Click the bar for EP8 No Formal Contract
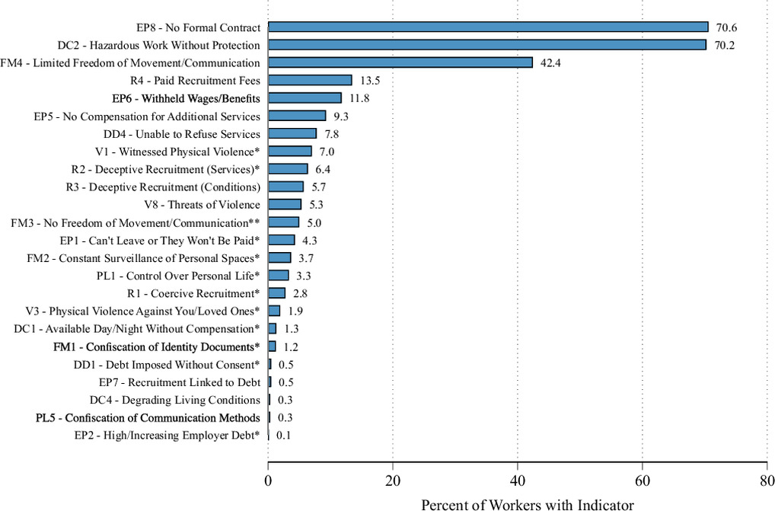tap(488, 27)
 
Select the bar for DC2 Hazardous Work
tap(487, 45)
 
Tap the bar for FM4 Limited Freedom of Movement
tap(400, 62)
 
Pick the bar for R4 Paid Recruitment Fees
tap(311, 81)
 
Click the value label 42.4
tap(550, 63)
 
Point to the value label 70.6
tap(726, 27)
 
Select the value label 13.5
tap(370, 81)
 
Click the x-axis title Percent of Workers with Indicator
tap(528, 505)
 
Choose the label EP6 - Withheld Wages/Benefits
tap(186, 98)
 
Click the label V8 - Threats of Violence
tap(203, 205)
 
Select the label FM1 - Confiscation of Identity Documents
tap(157, 347)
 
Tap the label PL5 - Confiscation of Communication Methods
tap(148, 417)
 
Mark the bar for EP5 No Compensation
tap(297, 116)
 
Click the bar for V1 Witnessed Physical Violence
tap(290, 152)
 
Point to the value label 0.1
tap(284, 436)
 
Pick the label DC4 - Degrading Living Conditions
tap(175, 400)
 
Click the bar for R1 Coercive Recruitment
tap(277, 293)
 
